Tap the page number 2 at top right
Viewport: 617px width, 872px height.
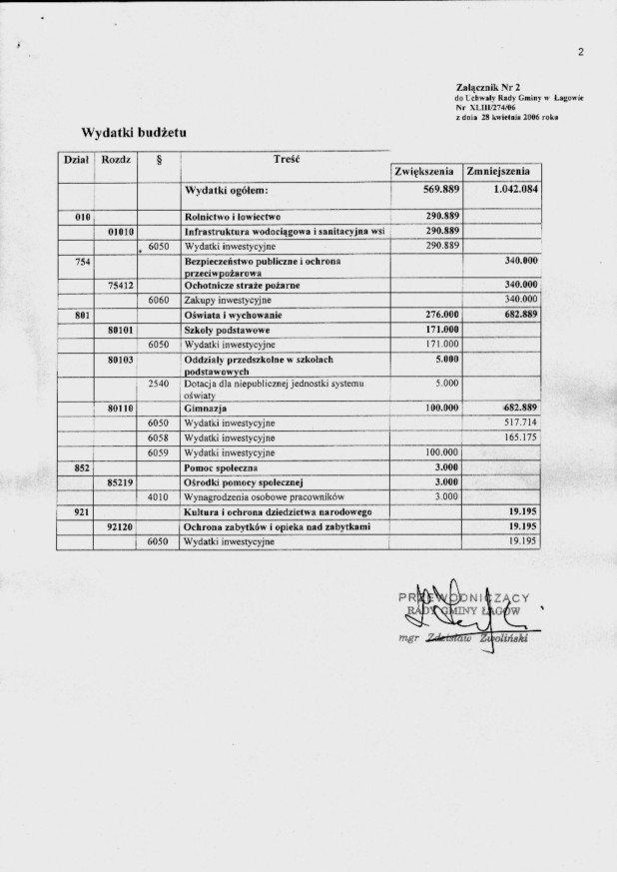[579, 53]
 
